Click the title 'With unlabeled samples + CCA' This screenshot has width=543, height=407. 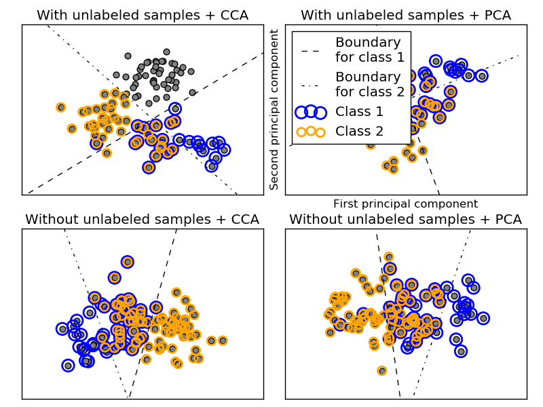tap(142, 15)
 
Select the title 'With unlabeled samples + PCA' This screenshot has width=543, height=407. tap(406, 15)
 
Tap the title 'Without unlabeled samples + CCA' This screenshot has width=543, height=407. tap(142, 219)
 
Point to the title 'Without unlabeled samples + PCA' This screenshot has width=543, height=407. tap(406, 219)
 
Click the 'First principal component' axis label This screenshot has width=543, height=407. tap(405, 203)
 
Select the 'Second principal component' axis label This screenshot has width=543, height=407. tap(275, 110)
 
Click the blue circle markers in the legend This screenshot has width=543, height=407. tap(310, 112)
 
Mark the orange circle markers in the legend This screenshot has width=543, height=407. tap(310, 131)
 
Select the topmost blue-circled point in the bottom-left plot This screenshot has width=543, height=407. tap(127, 262)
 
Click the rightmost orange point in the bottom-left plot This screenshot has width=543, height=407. tap(222, 341)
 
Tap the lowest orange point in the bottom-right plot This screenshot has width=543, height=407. tap(382, 370)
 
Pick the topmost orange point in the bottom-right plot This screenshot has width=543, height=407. tap(388, 257)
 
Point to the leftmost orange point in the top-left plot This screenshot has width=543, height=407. tap(60, 107)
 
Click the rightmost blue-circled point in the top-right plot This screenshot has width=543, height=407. tap(482, 76)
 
